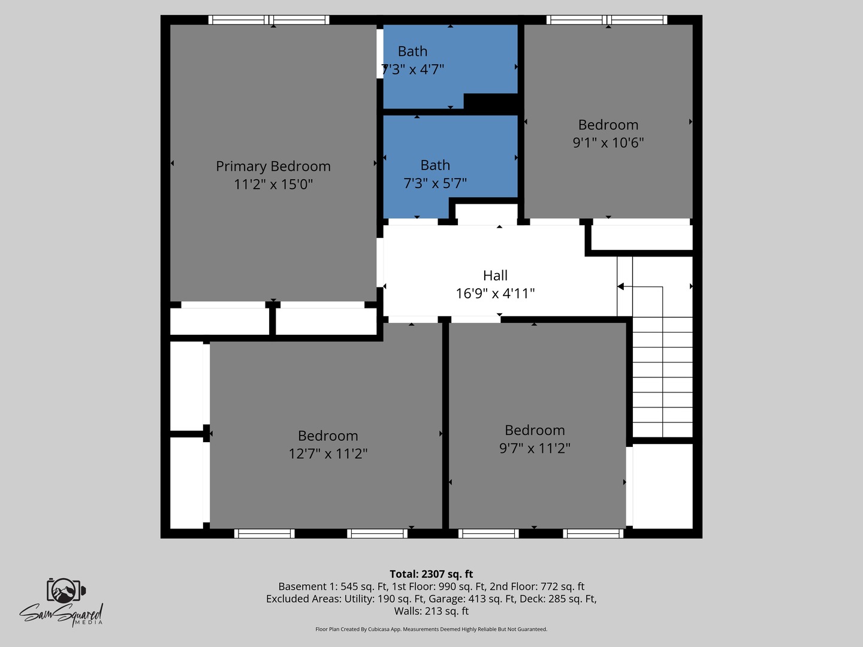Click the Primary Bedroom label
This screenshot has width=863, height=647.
pos(273,167)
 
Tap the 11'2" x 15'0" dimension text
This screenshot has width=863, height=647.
pos(273,185)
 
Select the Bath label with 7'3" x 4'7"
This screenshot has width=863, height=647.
pos(413,52)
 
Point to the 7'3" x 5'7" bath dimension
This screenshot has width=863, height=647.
pos(435,183)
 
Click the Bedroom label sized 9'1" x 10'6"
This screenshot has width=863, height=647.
pos(608,125)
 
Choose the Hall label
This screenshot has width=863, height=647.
pos(495,276)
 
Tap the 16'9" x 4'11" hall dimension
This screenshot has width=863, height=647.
pos(495,294)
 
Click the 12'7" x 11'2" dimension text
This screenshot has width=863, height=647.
pos(328,454)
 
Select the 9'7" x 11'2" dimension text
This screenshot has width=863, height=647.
pos(535,448)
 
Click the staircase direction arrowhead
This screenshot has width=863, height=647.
pos(621,287)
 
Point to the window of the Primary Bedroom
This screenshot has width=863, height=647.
pos(268,20)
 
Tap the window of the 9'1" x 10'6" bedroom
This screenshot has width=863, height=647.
pos(606,20)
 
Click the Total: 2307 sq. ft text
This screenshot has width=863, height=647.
pos(431,574)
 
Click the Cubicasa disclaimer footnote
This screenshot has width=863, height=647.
pos(431,629)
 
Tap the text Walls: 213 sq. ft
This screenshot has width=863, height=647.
pos(431,611)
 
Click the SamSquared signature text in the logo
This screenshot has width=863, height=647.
pos(60,614)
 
